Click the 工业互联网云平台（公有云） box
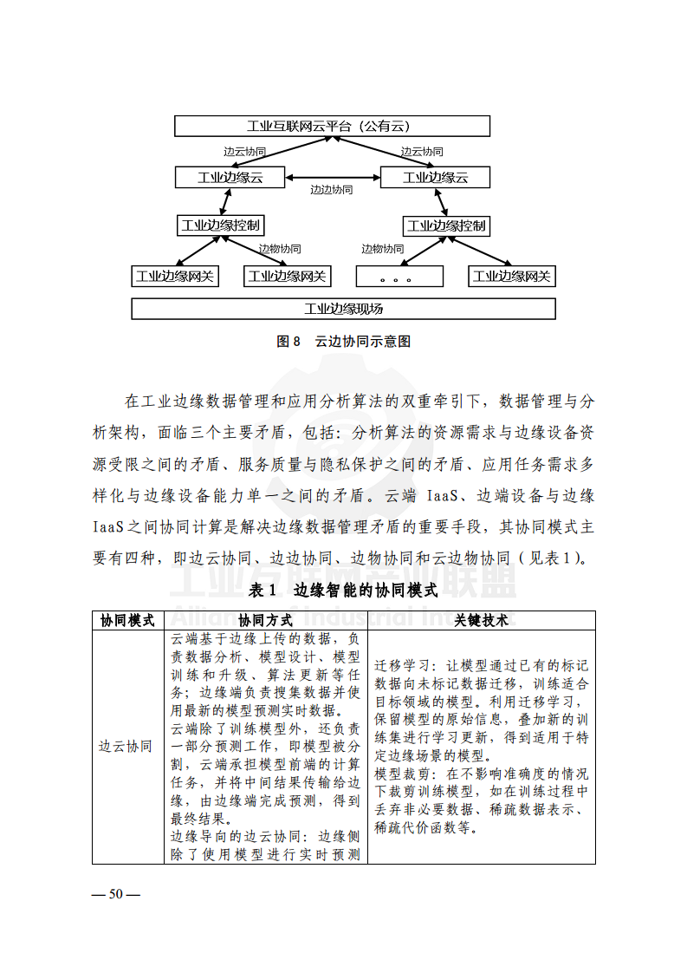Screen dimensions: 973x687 332,127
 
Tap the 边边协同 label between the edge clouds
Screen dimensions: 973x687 332,189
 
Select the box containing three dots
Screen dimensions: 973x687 399,277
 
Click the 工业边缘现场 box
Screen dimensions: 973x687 343,309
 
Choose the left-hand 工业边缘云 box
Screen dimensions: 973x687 230,178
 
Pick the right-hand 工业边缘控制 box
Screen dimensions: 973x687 446,226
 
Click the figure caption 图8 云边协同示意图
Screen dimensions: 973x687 343,342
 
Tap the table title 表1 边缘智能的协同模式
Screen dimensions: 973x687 343,591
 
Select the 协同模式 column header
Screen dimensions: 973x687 127,621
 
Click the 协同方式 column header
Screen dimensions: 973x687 265,621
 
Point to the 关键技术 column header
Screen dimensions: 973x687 482,621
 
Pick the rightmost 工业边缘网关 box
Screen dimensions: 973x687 512,277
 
